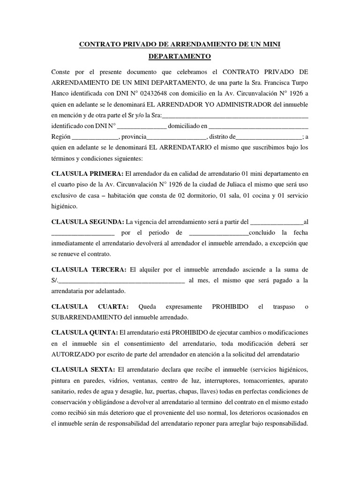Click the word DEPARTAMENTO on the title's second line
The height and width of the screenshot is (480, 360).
(180, 57)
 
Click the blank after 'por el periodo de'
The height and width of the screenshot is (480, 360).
(219, 232)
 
